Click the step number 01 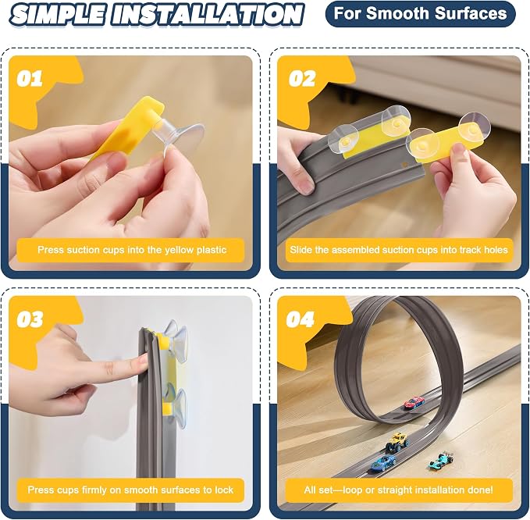pyautogui.click(x=30, y=79)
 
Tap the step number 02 pyautogui.click(x=302, y=79)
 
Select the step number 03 pyautogui.click(x=30, y=319)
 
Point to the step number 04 pyautogui.click(x=301, y=319)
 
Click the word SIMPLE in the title pyautogui.click(x=57, y=15)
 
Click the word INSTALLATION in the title pyautogui.click(x=207, y=15)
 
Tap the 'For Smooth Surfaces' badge pyautogui.click(x=420, y=14)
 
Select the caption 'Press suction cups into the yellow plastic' pyautogui.click(x=132, y=250)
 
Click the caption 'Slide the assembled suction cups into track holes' pyautogui.click(x=399, y=250)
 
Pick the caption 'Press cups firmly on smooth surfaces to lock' pyautogui.click(x=130, y=490)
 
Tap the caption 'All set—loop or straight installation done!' pyautogui.click(x=399, y=490)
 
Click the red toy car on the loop pyautogui.click(x=414, y=402)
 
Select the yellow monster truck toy pyautogui.click(x=397, y=442)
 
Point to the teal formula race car pyautogui.click(x=442, y=460)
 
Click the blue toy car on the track pyautogui.click(x=383, y=462)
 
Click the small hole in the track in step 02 pyautogui.click(x=403, y=166)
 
